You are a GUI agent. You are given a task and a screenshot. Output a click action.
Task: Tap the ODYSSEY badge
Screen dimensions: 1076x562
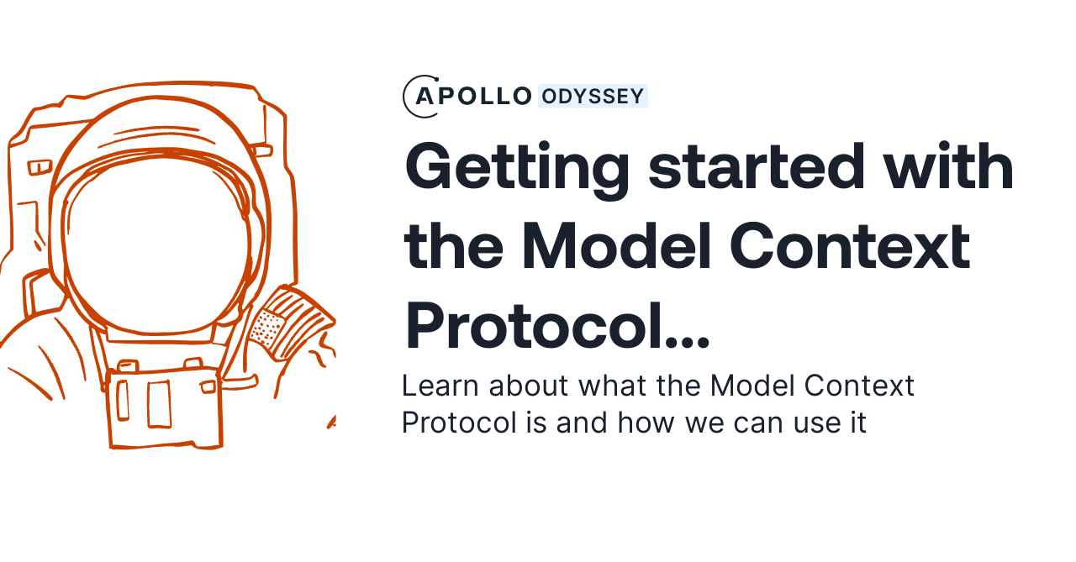point(593,97)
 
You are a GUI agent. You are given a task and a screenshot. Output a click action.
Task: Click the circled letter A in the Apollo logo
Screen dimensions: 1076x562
point(424,97)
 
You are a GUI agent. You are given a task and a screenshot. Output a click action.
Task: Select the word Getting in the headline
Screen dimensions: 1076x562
point(517,170)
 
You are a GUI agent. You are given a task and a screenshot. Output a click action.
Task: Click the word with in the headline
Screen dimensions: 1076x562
point(949,165)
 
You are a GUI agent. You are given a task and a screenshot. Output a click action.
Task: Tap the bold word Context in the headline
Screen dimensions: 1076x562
point(850,246)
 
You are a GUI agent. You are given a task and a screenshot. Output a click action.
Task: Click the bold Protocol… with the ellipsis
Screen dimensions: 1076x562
point(557,326)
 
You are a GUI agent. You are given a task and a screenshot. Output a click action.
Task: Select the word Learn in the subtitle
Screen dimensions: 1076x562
point(440,386)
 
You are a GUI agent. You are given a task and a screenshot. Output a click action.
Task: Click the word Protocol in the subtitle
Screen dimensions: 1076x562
point(459,423)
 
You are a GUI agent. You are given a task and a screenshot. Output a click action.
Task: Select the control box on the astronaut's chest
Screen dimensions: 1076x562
point(163,408)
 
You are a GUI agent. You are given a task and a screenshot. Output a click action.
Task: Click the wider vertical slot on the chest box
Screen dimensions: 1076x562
point(160,404)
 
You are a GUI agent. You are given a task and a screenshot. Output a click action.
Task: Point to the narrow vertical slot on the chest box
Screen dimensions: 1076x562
point(123,400)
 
